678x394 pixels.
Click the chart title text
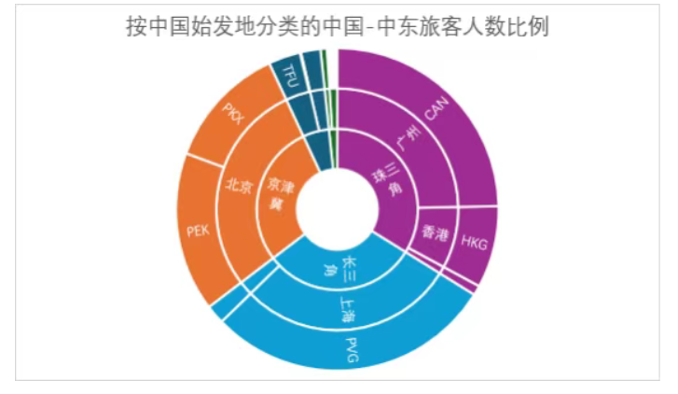point(338,27)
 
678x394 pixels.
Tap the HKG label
point(474,243)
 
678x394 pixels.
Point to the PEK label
point(198,231)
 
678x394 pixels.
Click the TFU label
point(289,76)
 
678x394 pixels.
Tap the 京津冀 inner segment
point(281,195)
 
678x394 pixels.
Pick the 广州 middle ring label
point(408,138)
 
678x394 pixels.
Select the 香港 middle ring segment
point(435,236)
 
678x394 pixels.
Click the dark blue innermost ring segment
point(319,151)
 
